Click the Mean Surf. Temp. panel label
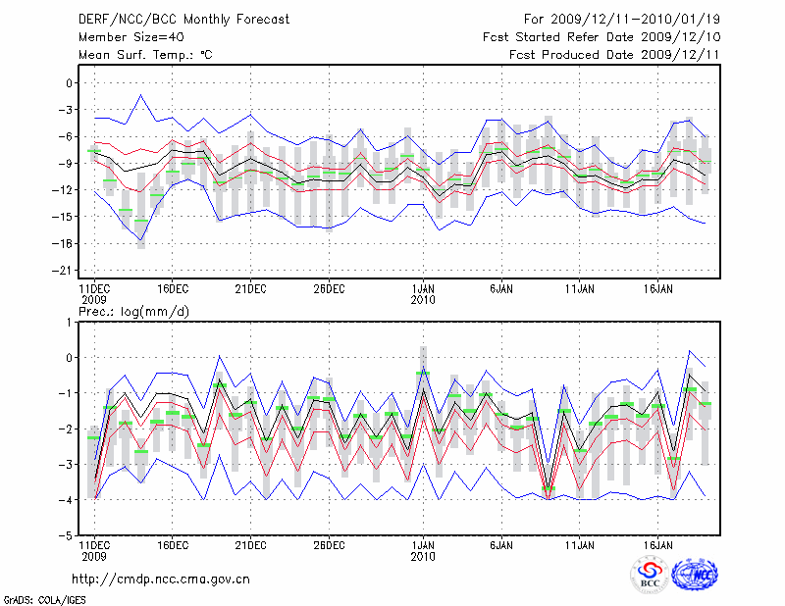click(145, 55)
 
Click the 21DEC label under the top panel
click(250, 288)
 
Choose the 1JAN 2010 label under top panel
click(423, 293)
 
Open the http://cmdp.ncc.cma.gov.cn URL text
click(162, 579)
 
